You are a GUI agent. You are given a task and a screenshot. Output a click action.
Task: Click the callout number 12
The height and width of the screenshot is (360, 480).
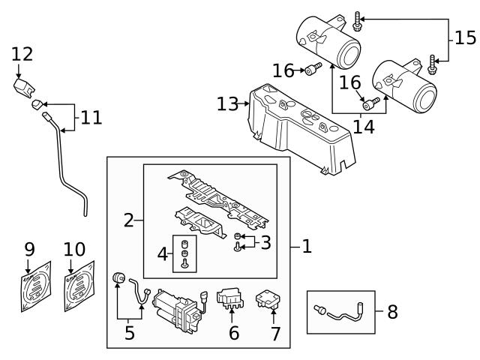click(22, 54)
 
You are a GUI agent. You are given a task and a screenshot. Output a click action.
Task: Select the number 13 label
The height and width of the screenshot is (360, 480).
click(227, 104)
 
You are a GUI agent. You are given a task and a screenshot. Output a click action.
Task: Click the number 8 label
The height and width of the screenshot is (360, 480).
click(391, 312)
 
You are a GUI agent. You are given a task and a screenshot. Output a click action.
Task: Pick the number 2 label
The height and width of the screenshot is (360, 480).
click(128, 220)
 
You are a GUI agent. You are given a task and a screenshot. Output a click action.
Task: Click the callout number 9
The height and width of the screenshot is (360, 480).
click(29, 248)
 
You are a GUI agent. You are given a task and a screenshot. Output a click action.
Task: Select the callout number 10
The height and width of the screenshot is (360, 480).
click(75, 248)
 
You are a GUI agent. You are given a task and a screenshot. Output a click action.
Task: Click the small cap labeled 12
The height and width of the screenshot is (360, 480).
click(23, 85)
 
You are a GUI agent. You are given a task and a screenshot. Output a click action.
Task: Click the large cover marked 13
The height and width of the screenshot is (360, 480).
click(300, 127)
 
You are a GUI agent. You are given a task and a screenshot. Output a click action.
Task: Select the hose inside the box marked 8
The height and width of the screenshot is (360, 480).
click(343, 312)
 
